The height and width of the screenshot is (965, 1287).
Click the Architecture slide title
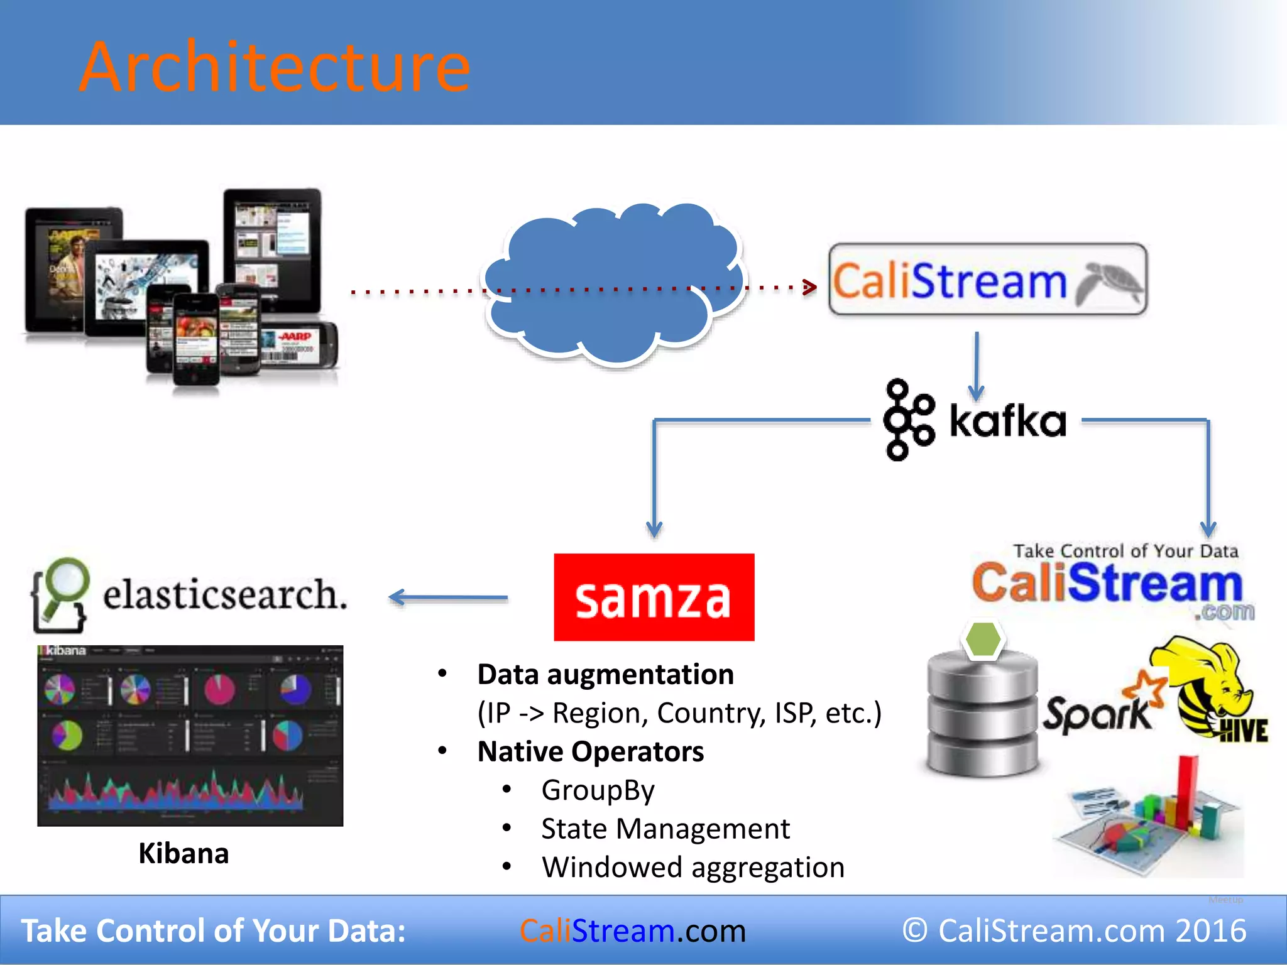tap(275, 67)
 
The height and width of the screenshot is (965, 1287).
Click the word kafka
tap(1008, 421)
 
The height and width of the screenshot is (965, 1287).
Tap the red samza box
tap(654, 597)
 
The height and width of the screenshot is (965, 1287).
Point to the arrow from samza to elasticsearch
tap(447, 597)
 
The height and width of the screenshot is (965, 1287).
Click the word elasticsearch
tap(225, 594)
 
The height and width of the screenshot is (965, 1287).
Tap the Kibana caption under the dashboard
tap(183, 853)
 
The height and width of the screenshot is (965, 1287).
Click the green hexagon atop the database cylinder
tap(983, 640)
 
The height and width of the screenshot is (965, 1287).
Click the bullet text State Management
tap(665, 829)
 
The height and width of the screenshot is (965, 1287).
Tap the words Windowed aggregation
tap(693, 868)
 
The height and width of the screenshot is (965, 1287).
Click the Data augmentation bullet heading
tap(605, 675)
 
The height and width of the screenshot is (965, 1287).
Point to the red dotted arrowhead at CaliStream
tap(810, 288)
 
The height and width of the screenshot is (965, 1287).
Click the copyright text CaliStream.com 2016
tap(1074, 930)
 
